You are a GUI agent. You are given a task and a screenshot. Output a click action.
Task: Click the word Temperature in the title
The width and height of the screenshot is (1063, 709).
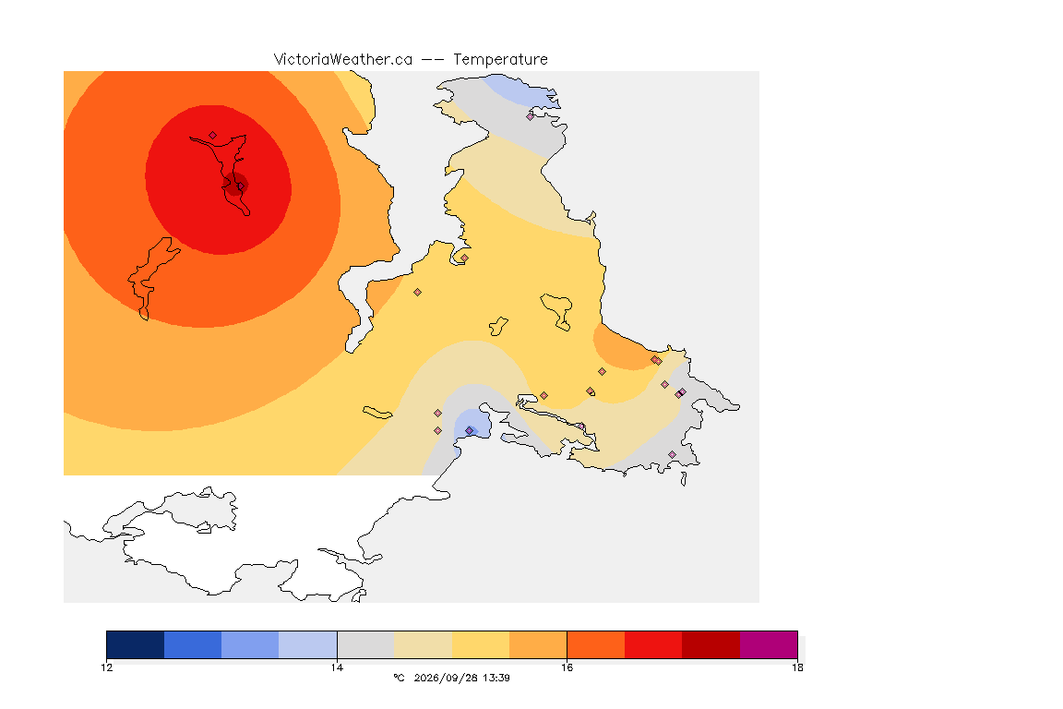(x=500, y=60)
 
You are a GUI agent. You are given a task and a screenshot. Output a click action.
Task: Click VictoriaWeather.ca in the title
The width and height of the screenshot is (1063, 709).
(x=343, y=59)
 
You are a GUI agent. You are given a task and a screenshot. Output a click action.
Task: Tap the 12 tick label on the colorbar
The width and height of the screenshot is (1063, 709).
(x=107, y=667)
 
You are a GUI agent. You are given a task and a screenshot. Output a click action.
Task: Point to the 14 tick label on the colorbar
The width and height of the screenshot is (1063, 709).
(x=337, y=667)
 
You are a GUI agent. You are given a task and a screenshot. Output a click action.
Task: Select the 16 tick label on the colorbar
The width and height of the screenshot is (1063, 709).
(x=567, y=667)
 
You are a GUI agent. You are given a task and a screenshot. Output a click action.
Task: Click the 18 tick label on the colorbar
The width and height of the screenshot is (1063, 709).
(x=797, y=667)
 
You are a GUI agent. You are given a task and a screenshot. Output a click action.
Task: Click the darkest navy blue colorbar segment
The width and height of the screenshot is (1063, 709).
(x=136, y=644)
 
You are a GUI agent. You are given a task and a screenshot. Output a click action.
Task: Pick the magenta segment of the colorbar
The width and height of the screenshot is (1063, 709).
(x=768, y=644)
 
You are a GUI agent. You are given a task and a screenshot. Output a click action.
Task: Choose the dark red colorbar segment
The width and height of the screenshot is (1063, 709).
(x=711, y=644)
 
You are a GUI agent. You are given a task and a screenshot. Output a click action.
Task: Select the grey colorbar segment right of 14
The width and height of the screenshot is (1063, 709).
(x=365, y=644)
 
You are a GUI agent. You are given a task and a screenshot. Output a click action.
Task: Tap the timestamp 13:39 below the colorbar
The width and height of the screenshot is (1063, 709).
(x=496, y=678)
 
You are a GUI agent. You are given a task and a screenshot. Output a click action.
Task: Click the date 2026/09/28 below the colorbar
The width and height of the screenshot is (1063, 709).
(x=446, y=678)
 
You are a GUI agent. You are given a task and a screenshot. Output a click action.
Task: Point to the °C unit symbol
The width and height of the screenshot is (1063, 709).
(x=399, y=678)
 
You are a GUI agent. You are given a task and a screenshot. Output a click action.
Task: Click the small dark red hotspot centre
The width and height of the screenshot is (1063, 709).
(x=236, y=184)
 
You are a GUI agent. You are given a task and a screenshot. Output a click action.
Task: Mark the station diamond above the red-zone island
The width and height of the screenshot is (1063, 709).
(x=213, y=135)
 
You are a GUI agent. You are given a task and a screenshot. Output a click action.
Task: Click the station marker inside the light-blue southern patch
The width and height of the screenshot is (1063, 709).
(x=469, y=431)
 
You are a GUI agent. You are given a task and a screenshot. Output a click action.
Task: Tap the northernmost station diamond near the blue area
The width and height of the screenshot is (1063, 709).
(x=531, y=116)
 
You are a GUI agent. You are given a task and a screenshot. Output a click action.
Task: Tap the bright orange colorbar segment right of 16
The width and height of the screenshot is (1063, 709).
(x=596, y=644)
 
